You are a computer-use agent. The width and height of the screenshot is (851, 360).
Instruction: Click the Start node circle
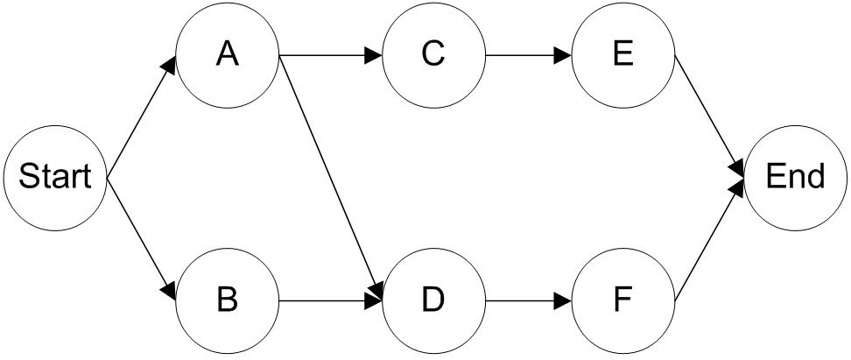55,179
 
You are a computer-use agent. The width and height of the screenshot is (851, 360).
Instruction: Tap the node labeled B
228,300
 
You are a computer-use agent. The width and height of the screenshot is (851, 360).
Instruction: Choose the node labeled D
433,300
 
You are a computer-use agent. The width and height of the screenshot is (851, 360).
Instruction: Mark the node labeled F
623,300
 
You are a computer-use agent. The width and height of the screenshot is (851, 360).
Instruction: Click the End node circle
795,179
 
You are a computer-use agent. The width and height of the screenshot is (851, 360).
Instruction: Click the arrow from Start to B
141,239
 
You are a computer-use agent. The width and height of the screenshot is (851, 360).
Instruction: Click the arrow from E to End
710,117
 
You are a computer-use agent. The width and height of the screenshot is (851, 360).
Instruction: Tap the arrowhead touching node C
374,56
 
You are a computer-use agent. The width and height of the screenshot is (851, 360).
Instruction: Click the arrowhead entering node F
565,300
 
